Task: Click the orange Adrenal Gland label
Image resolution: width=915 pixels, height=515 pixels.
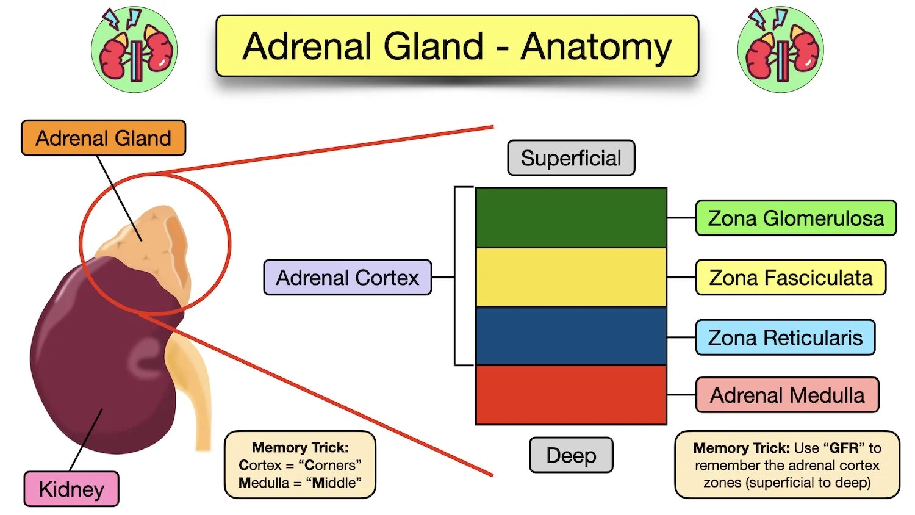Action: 103,138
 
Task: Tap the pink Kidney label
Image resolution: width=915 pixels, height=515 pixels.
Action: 71,489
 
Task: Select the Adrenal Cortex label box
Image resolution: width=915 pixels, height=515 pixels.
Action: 347,278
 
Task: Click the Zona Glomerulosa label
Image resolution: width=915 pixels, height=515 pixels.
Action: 795,218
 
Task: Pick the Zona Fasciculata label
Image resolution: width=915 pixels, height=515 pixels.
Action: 791,278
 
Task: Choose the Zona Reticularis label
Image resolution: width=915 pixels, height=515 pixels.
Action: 785,337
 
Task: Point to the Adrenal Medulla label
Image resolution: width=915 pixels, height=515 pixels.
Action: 787,395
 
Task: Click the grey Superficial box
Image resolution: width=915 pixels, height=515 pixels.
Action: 571,158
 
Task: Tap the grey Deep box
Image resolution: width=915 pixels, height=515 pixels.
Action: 571,455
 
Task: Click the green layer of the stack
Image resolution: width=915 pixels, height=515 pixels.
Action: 571,217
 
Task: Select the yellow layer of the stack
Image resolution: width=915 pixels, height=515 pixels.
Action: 571,277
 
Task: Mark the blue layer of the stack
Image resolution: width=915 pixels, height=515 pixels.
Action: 571,336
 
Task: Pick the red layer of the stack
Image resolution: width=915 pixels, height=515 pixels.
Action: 571,395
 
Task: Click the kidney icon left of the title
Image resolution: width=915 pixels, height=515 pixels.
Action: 134,50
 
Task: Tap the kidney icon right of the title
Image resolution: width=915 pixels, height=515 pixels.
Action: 780,50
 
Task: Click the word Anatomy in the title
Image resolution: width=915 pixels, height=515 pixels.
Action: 595,47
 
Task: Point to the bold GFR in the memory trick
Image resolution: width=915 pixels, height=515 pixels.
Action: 844,448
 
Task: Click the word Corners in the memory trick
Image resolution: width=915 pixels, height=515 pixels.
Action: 329,465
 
